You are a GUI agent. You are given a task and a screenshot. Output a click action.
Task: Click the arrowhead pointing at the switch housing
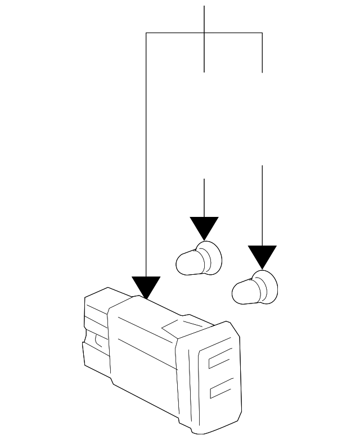[146, 287]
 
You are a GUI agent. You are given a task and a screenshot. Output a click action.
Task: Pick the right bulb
[255, 288]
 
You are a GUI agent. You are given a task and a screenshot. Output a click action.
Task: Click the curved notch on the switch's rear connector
[98, 339]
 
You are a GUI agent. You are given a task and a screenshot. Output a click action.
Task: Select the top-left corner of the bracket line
[146, 33]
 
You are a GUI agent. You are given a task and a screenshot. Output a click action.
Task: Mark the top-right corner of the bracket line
[262, 33]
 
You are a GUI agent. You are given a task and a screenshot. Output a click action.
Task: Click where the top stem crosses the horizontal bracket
[204, 33]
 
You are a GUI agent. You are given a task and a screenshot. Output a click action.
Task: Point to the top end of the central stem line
[204, 7]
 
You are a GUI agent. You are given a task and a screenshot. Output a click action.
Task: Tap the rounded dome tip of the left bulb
[181, 263]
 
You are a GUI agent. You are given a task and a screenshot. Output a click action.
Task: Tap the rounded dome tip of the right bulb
[237, 292]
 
